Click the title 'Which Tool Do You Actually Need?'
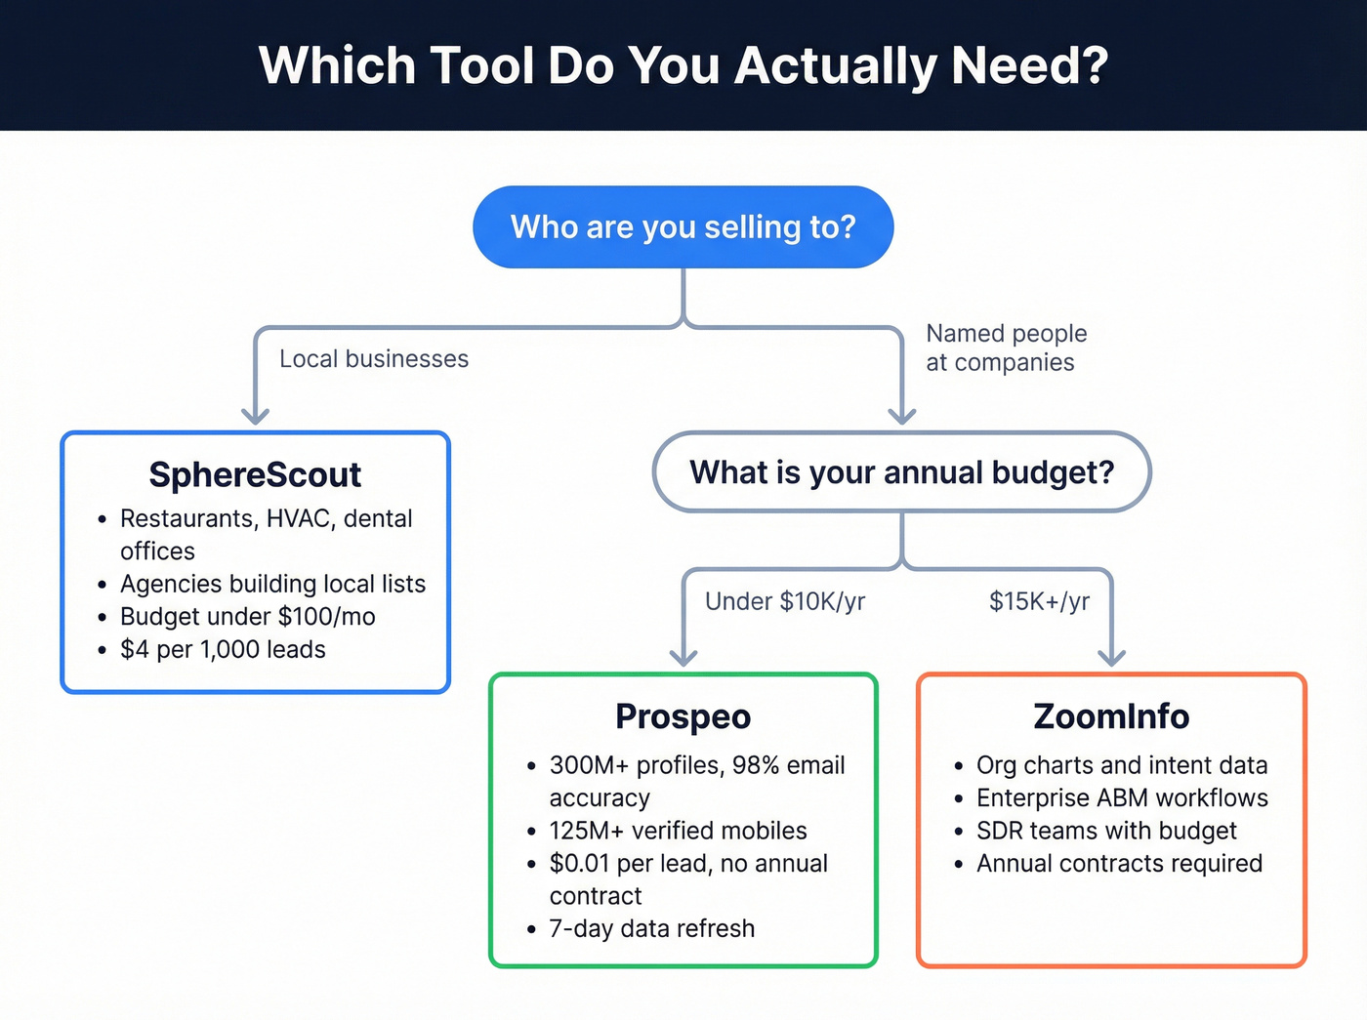[x=683, y=65]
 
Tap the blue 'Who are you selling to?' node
[x=683, y=227]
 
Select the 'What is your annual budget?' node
[x=901, y=472]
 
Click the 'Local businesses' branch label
[x=374, y=359]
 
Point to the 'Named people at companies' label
[x=1006, y=347]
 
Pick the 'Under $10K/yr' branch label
[x=785, y=601]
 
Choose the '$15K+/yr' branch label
[x=1039, y=601]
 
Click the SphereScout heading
[x=255, y=475]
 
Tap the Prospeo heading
[x=683, y=716]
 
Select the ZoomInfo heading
[x=1111, y=716]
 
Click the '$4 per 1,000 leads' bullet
[x=223, y=650]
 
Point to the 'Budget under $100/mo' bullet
[x=247, y=617]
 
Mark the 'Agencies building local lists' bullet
[x=272, y=584]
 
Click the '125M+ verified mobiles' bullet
[x=678, y=831]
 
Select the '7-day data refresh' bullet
[x=651, y=928]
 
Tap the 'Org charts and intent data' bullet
[x=1122, y=765]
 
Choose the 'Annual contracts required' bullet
[x=1119, y=864]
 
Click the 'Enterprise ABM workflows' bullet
[x=1122, y=798]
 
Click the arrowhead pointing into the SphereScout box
[x=255, y=416]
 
